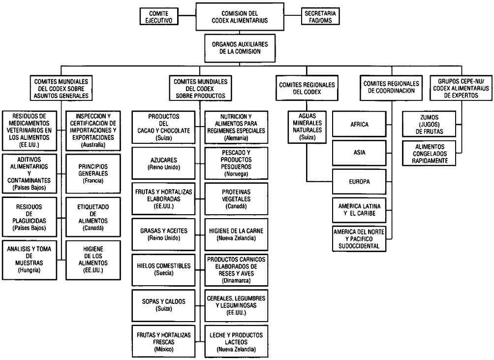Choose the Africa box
[x=360, y=125]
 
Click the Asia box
[x=360, y=153]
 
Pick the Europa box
[x=360, y=181]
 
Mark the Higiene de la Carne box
[x=236, y=234]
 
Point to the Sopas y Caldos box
[x=162, y=304]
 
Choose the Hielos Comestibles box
[x=162, y=269]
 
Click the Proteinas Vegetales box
[x=236, y=198]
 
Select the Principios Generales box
[x=93, y=174]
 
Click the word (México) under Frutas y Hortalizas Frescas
[x=162, y=349]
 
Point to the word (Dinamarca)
[x=236, y=280]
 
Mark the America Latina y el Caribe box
[x=360, y=209]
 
